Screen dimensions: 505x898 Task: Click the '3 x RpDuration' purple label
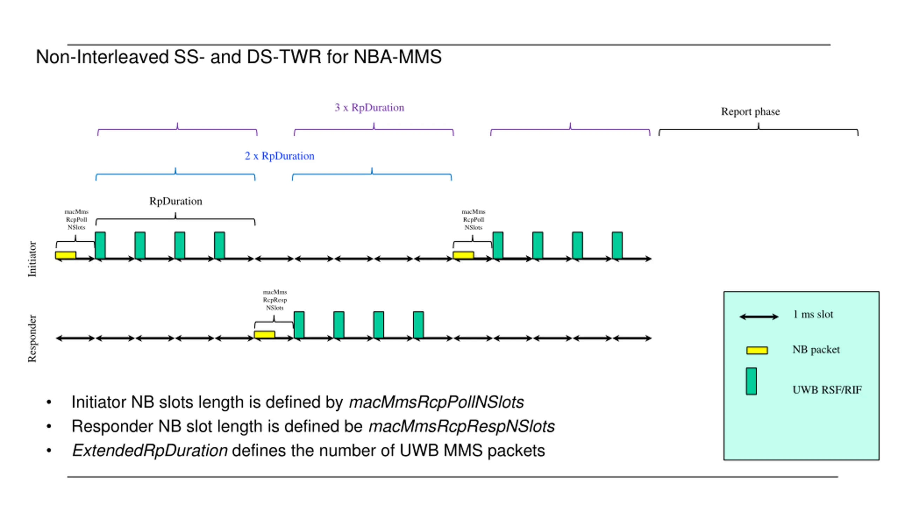point(369,107)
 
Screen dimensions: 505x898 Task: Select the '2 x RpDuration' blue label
point(279,156)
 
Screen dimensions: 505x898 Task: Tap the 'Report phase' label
point(750,112)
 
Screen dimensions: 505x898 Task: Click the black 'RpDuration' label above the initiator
point(175,201)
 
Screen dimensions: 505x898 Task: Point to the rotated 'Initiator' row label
point(32,259)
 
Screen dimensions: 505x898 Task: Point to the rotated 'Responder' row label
point(32,338)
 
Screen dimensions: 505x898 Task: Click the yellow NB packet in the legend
point(757,350)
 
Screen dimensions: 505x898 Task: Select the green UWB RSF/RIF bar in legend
point(751,381)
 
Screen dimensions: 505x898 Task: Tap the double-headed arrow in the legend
point(758,317)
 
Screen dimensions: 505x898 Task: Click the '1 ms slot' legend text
point(813,314)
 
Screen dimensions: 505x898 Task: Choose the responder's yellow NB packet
point(264,334)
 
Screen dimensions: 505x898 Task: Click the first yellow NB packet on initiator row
point(66,255)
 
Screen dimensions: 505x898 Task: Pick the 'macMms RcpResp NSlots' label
point(275,300)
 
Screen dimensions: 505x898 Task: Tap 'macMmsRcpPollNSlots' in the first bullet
point(436,402)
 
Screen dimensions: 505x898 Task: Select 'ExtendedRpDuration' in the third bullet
point(150,451)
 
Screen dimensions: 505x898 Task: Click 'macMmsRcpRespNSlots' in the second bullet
point(461,426)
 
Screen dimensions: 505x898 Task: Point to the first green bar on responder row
point(299,324)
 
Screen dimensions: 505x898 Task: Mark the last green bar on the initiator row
point(617,245)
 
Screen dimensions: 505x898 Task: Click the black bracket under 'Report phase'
point(758,130)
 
